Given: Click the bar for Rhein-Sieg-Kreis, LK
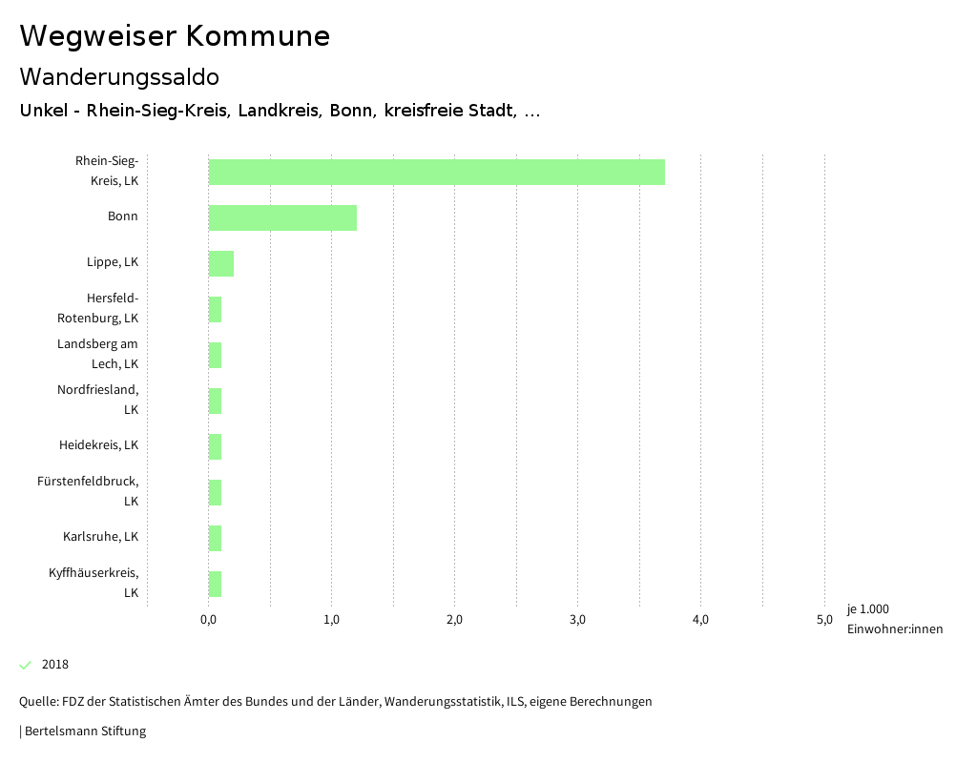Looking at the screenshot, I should [x=436, y=172].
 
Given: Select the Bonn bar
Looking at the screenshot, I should [x=282, y=217].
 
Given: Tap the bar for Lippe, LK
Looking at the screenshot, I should [x=221, y=263].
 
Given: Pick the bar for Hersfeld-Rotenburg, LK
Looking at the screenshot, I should [x=216, y=309].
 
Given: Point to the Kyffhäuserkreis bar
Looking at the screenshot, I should [x=216, y=584].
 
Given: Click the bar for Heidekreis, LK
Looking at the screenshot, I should [x=216, y=446].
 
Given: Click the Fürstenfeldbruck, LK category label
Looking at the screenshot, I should [x=88, y=491].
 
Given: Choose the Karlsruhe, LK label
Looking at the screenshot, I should [x=100, y=537].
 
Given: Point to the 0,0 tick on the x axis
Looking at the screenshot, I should [x=208, y=620].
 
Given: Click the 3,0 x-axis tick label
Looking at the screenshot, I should [x=577, y=620].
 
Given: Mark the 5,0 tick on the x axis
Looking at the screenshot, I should [x=823, y=620].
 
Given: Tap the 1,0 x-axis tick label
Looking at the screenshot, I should [x=331, y=620].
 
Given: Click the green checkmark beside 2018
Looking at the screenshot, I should [x=26, y=665].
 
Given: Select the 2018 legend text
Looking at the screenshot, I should [x=55, y=665].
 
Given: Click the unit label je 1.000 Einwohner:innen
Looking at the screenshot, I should [x=894, y=619].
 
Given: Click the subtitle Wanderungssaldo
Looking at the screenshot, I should [x=119, y=76].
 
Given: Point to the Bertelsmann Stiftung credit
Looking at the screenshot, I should [x=85, y=731].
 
